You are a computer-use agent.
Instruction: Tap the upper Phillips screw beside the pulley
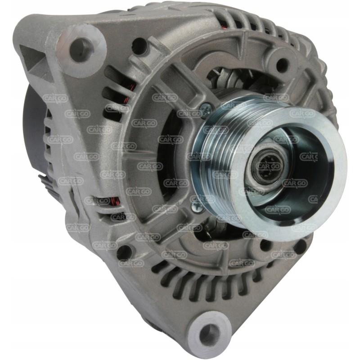(206, 108)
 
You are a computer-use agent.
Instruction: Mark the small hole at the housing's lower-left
(123, 252)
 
